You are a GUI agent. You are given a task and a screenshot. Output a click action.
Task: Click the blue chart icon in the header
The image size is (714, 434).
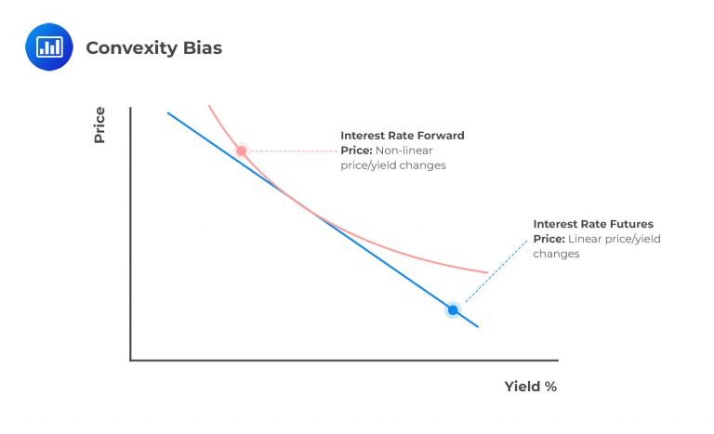point(48,47)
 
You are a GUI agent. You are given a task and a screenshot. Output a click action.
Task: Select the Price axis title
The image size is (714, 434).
point(99,125)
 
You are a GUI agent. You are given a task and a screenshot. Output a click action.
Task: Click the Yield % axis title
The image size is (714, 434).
point(530,387)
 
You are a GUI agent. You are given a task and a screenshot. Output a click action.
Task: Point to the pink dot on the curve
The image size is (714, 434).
point(241,151)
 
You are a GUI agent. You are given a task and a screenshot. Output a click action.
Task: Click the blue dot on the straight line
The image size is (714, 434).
point(453,310)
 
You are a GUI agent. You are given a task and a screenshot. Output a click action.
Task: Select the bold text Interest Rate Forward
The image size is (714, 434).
point(402,136)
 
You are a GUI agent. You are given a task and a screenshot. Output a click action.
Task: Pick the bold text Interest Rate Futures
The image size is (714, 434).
point(593,224)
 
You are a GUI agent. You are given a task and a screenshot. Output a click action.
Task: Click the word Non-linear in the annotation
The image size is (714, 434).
point(404,151)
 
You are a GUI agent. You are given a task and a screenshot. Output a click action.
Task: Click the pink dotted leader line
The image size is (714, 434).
point(290,151)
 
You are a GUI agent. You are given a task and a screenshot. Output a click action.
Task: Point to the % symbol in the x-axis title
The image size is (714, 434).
point(550,387)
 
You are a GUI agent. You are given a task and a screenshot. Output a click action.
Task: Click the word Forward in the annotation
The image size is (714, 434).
point(440,136)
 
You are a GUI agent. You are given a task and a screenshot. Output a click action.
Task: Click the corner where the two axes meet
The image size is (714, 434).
point(131,360)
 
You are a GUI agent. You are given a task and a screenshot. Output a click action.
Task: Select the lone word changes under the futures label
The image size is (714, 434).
point(556,254)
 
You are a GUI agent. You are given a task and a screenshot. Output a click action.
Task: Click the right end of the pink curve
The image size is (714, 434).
point(486,272)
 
